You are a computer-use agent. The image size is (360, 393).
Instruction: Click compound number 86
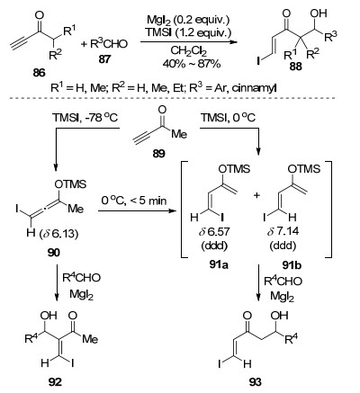pos(40,72)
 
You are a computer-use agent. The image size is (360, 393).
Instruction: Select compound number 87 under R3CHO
pos(104,58)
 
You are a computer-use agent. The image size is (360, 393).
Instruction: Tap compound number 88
pos(295,67)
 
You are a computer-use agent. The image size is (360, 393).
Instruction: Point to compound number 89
pos(158,154)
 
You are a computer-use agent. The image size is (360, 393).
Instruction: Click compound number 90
pos(53,253)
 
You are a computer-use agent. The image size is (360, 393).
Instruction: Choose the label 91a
pos(219,264)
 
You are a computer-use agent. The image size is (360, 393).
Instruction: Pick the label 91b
pos(292,265)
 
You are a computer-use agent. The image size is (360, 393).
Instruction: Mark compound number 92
pos(55,381)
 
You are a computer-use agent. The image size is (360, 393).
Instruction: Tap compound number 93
pos(255,382)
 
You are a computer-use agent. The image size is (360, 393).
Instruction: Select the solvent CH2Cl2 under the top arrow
pos(188,51)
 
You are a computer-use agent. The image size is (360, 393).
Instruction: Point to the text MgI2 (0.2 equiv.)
pos(188,21)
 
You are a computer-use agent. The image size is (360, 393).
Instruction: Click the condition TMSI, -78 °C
pos(85,117)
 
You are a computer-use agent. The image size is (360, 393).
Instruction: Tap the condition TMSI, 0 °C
pos(228,117)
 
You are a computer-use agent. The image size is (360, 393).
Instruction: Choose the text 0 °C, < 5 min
pos(134,201)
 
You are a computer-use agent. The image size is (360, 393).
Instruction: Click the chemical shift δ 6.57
pos(214,232)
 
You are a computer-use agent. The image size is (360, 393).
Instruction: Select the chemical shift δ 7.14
pos(283,232)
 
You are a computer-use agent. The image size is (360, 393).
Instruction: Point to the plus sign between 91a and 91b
pos(256,195)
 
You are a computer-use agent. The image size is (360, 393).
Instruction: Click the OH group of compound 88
pos(319,13)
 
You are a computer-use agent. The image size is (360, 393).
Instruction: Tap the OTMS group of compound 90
pos(70,183)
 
